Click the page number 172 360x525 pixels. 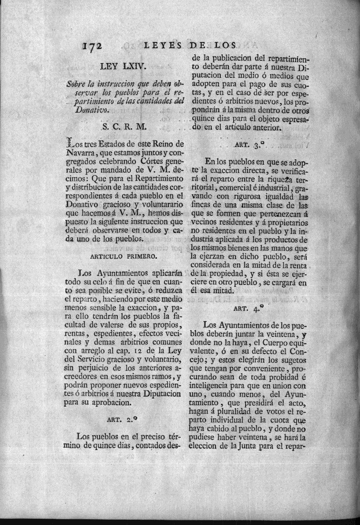(93, 46)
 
